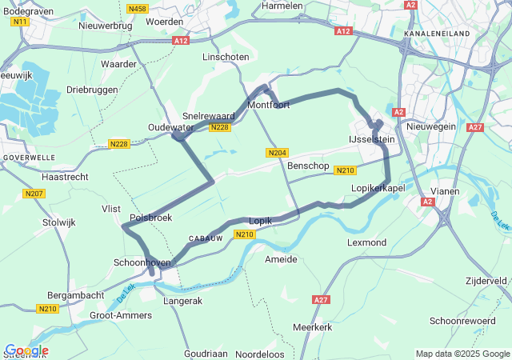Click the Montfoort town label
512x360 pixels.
[x=268, y=105]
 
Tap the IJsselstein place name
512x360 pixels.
[x=372, y=138]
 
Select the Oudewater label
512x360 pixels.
[x=170, y=127]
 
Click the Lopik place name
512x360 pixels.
[x=261, y=220]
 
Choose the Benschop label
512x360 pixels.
[x=308, y=166]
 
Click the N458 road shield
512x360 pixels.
[x=137, y=9]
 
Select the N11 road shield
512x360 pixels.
[x=20, y=22]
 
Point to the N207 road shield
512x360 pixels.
[x=34, y=194]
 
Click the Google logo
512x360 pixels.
[x=26, y=350]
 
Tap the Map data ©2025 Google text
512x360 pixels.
[x=462, y=354]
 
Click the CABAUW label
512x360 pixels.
[x=205, y=238]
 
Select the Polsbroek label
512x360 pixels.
[x=150, y=217]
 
